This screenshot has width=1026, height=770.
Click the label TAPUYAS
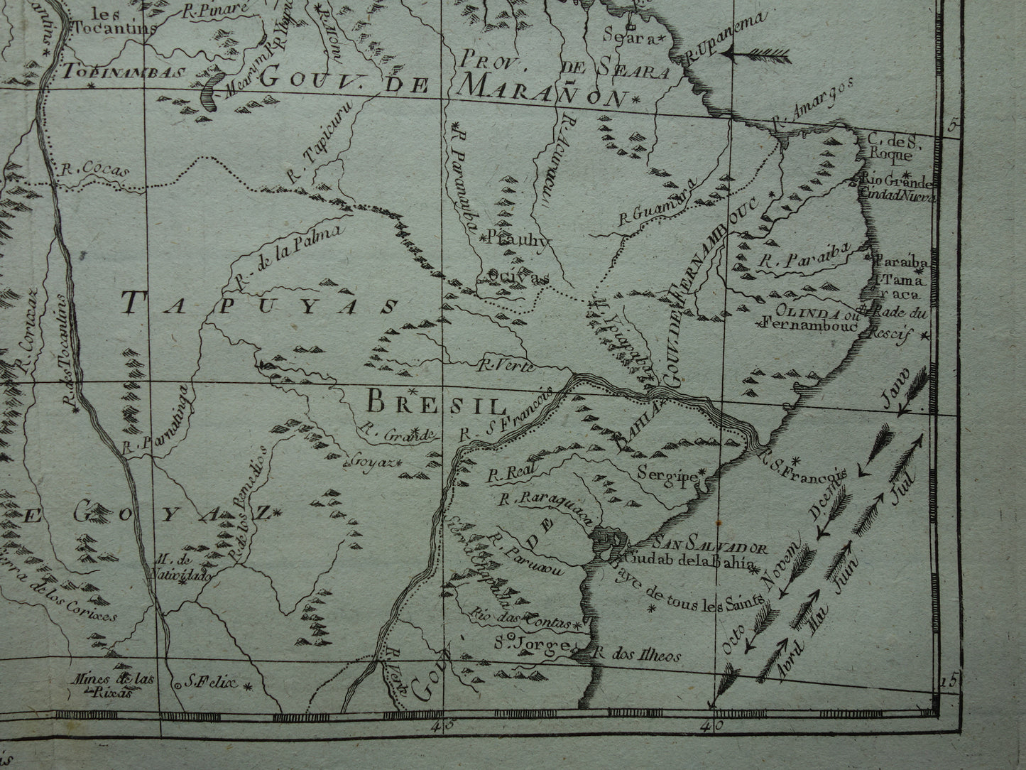259,305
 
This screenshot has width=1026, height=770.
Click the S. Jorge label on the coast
532,645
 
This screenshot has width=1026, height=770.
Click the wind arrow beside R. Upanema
761,53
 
